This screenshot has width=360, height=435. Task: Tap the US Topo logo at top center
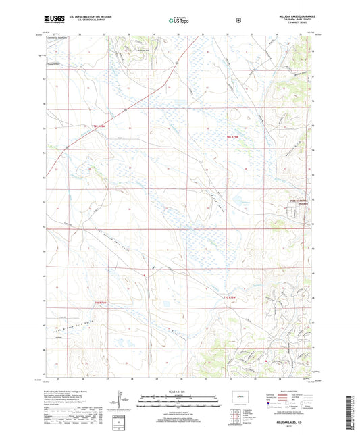(180, 20)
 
